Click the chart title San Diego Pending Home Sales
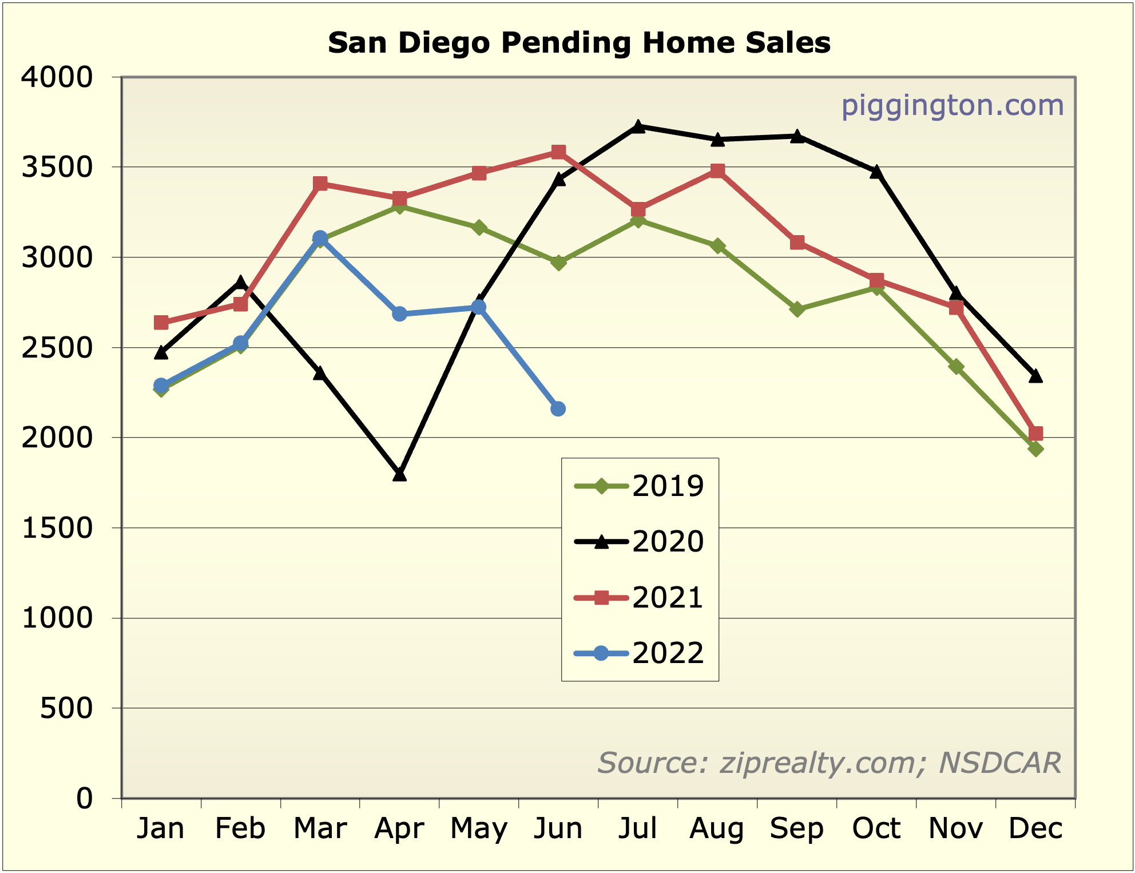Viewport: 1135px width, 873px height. click(x=579, y=43)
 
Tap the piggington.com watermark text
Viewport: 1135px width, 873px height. click(x=952, y=105)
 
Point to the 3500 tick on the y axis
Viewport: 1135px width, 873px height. click(x=57, y=167)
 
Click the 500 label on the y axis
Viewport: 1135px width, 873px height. click(x=66, y=708)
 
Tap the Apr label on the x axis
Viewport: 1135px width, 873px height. click(x=399, y=828)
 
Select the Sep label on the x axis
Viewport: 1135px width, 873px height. click(x=797, y=828)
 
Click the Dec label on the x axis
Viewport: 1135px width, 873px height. click(x=1035, y=828)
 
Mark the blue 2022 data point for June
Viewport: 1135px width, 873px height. click(x=558, y=408)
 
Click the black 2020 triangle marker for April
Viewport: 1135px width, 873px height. click(x=399, y=474)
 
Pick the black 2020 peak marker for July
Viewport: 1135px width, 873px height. click(x=638, y=126)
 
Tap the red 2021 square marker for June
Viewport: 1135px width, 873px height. click(x=558, y=152)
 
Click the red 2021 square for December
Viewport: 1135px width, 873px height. click(x=1035, y=433)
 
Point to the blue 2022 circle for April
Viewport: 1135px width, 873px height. click(x=399, y=314)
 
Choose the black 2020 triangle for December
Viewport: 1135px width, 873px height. click(x=1035, y=376)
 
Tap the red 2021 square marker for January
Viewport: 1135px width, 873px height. click(x=161, y=323)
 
